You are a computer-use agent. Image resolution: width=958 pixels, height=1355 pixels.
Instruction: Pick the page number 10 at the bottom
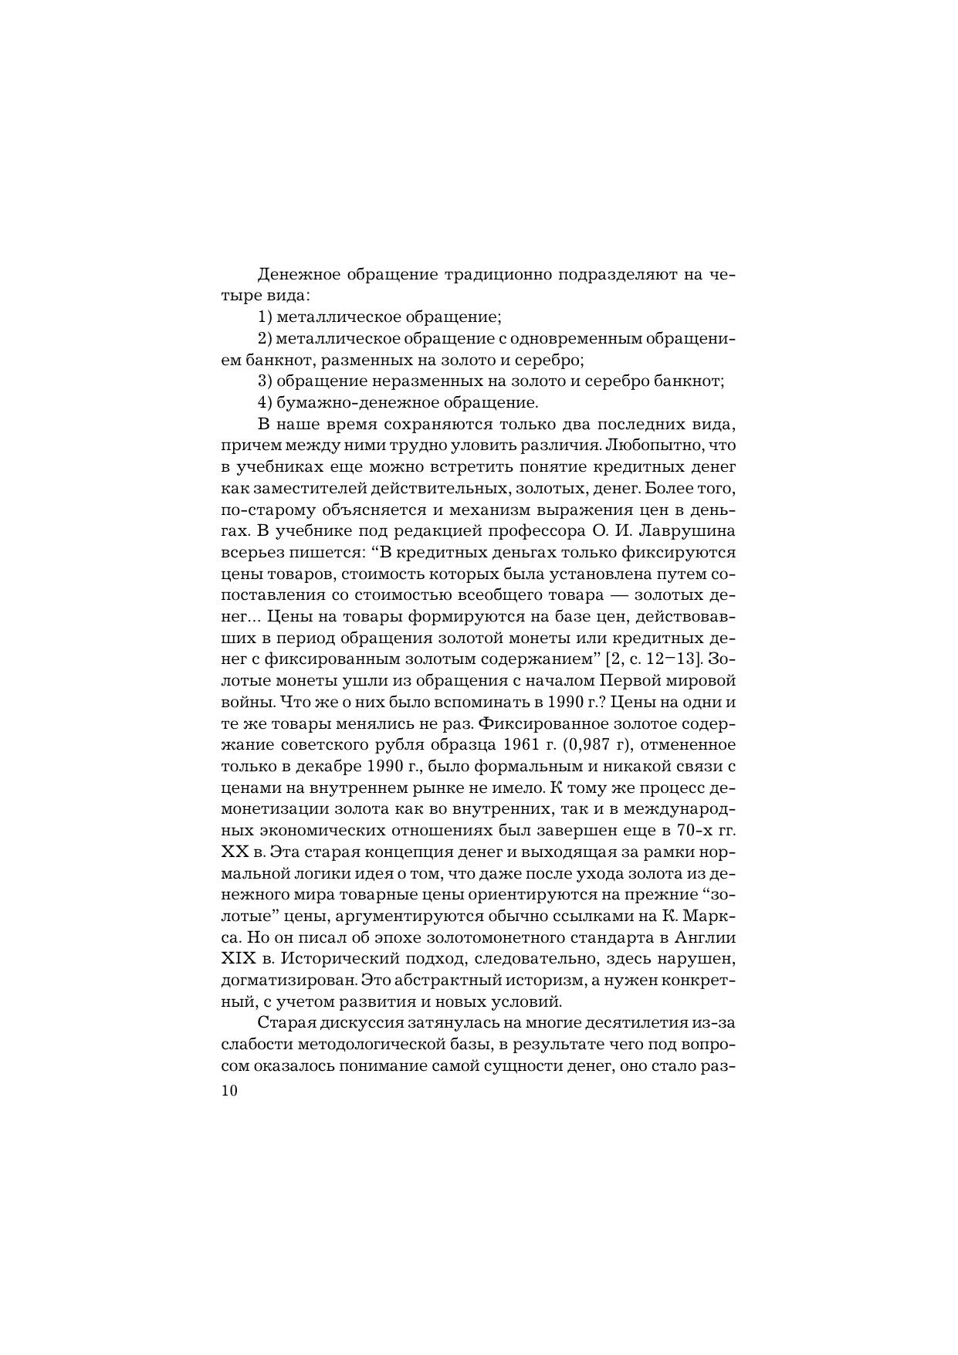pos(229,1092)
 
